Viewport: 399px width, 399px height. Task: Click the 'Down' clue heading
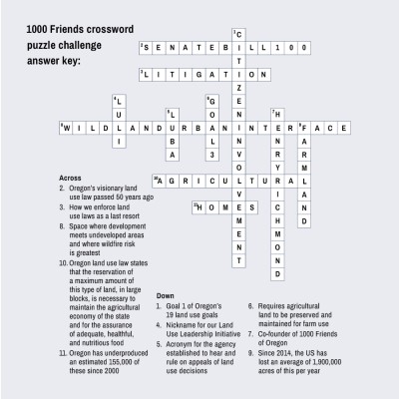pyautogui.click(x=167, y=296)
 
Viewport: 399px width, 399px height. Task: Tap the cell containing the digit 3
pyautogui.click(x=210, y=155)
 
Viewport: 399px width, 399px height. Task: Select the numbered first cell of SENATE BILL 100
pyautogui.click(x=146, y=47)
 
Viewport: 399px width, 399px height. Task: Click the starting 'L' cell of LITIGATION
pyautogui.click(x=146, y=74)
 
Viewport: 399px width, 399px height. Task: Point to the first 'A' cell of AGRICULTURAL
pyautogui.click(x=159, y=182)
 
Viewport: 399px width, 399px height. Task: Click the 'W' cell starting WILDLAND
pyautogui.click(x=64, y=128)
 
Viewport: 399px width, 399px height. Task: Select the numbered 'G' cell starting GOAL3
pyautogui.click(x=210, y=101)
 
